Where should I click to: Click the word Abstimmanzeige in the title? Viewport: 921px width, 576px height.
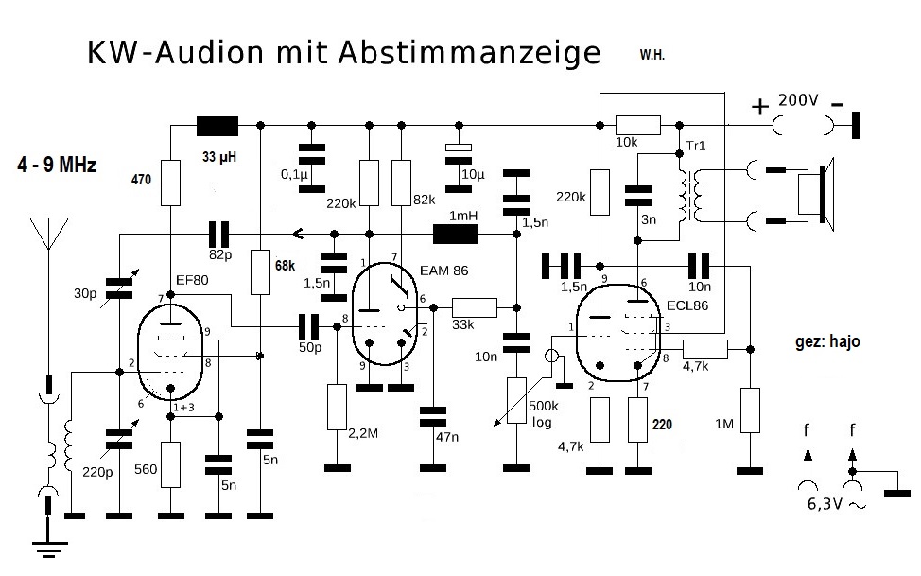(467, 53)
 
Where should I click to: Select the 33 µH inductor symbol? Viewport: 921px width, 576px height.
(217, 125)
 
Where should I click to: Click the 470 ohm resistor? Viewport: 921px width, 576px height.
(170, 183)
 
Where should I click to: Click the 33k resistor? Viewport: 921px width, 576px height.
(474, 306)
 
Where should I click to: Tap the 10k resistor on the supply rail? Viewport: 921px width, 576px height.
(637, 125)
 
